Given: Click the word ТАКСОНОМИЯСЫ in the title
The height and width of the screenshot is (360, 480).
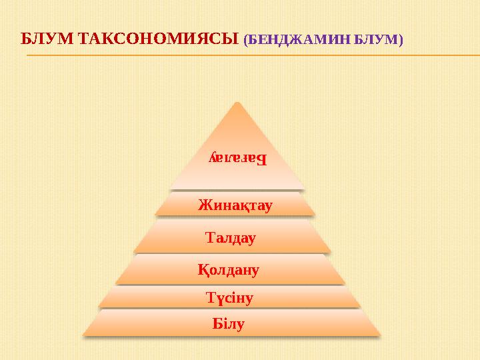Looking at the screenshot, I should pos(158,39).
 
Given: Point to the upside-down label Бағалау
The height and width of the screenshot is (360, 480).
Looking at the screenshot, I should pos(237,159).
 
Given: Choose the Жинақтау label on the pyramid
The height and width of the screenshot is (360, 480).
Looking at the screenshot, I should pos(235,205).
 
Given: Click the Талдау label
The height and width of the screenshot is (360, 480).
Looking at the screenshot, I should pos(231,237).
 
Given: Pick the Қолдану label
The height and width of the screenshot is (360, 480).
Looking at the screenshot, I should pos(228,270).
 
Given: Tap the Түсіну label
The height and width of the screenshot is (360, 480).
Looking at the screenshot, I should pos(229,297).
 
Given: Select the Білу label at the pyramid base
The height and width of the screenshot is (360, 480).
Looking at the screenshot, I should pos(228,325).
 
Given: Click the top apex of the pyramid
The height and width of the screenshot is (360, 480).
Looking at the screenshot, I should pos(237,102).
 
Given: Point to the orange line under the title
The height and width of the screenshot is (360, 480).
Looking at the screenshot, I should pos(253,55).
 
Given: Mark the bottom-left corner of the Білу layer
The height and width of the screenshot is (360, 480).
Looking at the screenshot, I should pos(83,335).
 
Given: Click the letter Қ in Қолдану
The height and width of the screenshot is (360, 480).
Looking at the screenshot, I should pos(203,270).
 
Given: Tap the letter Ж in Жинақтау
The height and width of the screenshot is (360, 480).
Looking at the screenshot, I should pos(203,205).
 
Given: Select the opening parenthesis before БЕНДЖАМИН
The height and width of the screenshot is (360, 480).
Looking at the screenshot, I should pos(246,41).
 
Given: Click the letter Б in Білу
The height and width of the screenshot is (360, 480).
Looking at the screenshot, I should pos(217,325).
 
